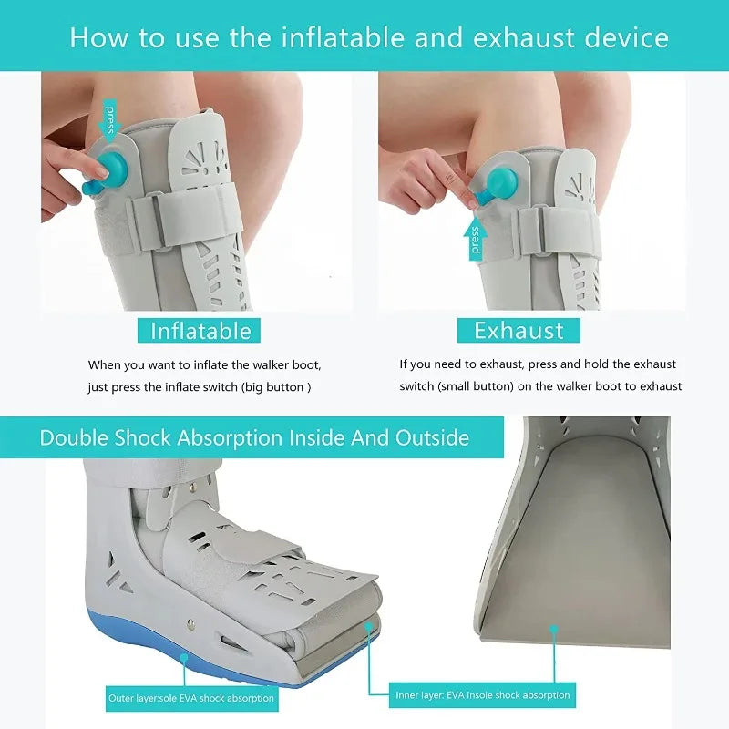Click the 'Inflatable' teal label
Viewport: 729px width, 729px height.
click(x=199, y=330)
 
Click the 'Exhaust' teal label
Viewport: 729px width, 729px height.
click(x=519, y=330)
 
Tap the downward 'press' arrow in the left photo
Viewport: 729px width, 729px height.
click(x=110, y=118)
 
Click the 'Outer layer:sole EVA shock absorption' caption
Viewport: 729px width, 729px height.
click(x=190, y=698)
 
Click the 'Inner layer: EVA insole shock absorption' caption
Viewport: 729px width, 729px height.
click(x=482, y=695)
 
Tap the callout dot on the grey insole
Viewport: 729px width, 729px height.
click(x=553, y=628)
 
